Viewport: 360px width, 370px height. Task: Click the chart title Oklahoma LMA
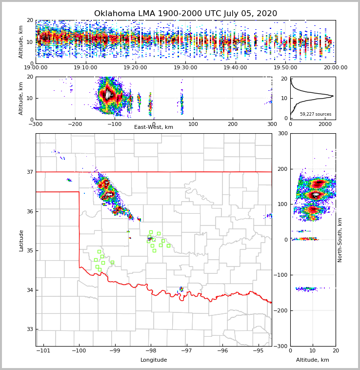point(185,14)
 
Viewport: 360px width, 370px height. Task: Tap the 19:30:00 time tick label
point(186,68)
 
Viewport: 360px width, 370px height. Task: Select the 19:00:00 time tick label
point(36,68)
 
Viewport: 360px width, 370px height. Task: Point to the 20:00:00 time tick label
point(336,68)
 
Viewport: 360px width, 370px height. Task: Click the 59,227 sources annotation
point(316,114)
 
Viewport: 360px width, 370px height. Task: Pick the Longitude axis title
point(154,360)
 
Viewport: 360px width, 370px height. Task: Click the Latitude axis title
point(21,240)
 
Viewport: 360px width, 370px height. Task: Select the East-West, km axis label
point(154,127)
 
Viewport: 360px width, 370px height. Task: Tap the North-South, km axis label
point(340,240)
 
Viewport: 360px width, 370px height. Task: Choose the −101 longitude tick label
point(43,350)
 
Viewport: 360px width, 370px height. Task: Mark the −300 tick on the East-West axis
point(36,124)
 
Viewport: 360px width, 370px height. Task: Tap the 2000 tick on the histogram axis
point(325,124)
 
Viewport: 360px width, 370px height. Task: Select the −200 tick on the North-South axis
point(281,310)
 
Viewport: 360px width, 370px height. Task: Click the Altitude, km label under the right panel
point(313,360)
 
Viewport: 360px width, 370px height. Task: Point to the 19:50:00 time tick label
point(286,68)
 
